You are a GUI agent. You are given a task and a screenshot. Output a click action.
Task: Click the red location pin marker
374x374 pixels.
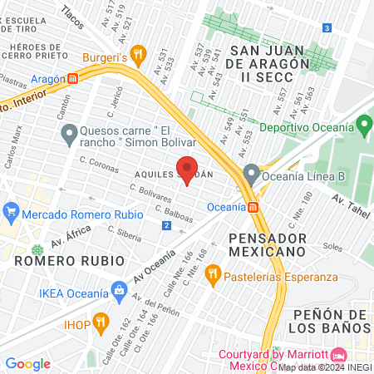[187, 169]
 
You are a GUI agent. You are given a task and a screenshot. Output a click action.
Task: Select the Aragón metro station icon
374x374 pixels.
[73, 78]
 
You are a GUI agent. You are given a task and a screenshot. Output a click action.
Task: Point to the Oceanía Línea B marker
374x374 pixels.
[251, 175]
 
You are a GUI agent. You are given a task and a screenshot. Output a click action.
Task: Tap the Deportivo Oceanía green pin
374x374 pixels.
[362, 126]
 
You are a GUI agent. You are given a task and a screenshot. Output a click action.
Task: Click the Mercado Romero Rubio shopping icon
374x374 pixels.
[10, 209]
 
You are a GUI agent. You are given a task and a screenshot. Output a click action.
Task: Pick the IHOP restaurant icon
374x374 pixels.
[101, 320]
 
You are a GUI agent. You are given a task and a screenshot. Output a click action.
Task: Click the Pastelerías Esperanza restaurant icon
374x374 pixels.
[213, 272]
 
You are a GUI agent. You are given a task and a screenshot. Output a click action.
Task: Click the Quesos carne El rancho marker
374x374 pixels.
[70, 132]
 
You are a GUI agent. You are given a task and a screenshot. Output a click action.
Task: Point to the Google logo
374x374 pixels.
[27, 363]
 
